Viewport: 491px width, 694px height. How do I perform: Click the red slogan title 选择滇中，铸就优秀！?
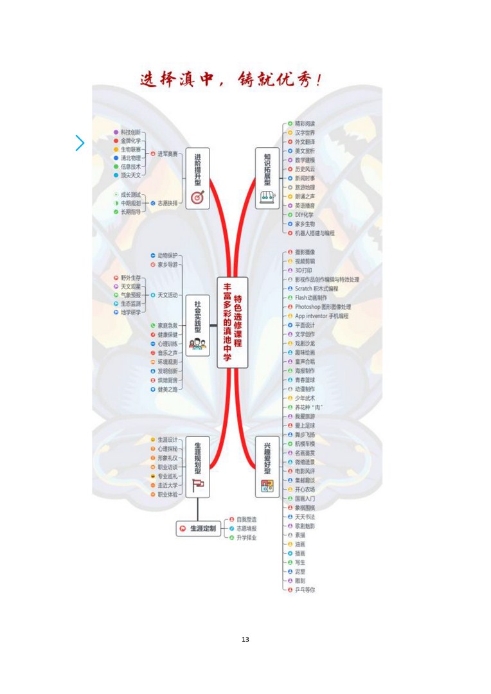231,80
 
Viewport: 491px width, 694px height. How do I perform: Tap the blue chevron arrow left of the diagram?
80,143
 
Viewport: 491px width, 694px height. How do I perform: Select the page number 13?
245,639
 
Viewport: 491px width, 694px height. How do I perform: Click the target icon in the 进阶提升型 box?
197,195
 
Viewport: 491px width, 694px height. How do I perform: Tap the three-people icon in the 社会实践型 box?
197,344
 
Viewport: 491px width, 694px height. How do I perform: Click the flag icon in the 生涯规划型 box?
197,486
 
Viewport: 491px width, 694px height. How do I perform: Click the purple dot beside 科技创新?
116,132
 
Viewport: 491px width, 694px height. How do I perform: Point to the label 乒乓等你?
305,589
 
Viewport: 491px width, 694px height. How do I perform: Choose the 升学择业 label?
246,537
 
